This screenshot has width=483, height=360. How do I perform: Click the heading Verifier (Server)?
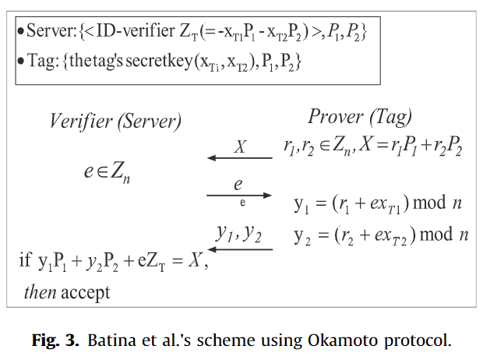pyautogui.click(x=115, y=122)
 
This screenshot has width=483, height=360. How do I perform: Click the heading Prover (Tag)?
pyautogui.click(x=360, y=117)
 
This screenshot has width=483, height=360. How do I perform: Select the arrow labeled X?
pyautogui.click(x=240, y=158)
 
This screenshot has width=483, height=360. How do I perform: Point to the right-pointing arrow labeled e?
pyautogui.click(x=239, y=196)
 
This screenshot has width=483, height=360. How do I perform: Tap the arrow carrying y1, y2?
pyautogui.click(x=239, y=249)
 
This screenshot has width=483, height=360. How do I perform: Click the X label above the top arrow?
pyautogui.click(x=240, y=146)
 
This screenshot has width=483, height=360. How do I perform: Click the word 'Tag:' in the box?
pyautogui.click(x=41, y=62)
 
